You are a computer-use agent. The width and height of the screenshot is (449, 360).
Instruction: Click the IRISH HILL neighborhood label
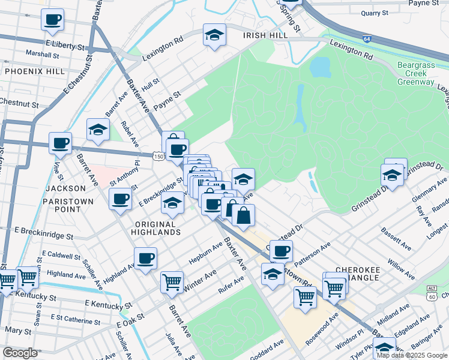point(265,35)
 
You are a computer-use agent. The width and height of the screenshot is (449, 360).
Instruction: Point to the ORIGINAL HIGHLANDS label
point(151,229)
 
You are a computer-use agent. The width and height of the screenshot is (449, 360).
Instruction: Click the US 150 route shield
point(158,156)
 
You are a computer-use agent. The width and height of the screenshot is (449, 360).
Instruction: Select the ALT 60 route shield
point(432,292)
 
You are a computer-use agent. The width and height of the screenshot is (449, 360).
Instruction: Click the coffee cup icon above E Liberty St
point(53,19)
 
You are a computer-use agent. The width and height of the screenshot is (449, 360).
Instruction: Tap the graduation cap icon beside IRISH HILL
point(214,35)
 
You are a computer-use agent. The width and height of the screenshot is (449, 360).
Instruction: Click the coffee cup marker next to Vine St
point(61,143)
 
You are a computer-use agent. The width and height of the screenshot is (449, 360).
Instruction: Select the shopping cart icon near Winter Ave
point(172,280)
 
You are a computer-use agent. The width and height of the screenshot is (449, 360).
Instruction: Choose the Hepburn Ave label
point(206,249)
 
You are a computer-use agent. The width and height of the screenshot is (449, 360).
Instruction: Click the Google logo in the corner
point(20,353)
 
